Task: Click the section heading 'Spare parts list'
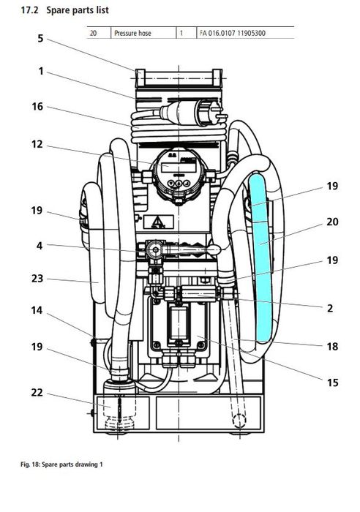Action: (x=78, y=10)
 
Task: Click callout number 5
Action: (x=40, y=39)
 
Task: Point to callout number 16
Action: (x=37, y=107)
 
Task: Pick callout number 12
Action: (x=37, y=144)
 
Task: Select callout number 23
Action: (x=37, y=279)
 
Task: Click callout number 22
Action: (x=37, y=393)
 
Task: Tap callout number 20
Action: (x=332, y=222)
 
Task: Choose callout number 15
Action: (x=332, y=383)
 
